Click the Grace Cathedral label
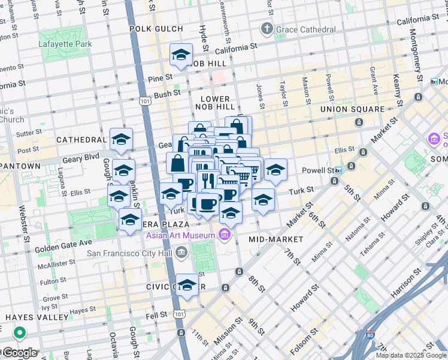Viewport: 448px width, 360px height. coord(305,29)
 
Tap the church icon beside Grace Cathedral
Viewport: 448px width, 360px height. coord(267,29)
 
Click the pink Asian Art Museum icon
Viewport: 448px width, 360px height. coord(225,234)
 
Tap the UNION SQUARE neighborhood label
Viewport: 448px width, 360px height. coord(352,109)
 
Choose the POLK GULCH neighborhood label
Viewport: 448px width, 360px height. coord(153,28)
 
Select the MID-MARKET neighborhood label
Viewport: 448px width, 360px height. coord(276,239)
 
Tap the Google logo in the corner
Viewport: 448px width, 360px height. coord(19,352)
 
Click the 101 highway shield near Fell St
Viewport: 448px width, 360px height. coord(179,313)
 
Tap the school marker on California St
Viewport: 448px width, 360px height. coord(181,55)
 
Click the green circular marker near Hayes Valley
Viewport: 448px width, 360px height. coord(19,332)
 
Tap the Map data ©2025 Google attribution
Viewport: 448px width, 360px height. coord(411,355)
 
